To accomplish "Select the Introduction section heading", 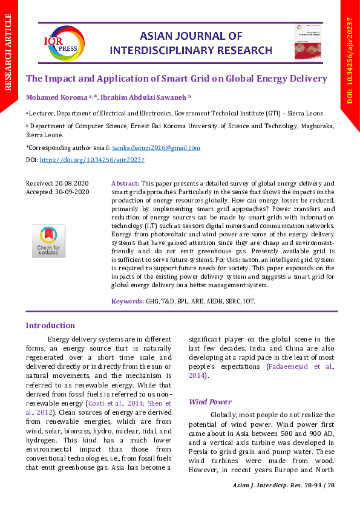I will coord(50,325).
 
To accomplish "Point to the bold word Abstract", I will coord(125,183).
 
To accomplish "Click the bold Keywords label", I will coord(128,301).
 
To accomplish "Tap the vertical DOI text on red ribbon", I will coord(350,60).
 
